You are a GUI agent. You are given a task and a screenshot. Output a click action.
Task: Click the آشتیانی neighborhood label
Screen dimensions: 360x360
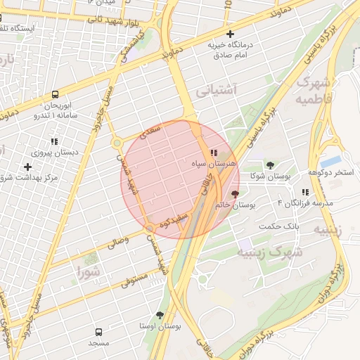click(216, 90)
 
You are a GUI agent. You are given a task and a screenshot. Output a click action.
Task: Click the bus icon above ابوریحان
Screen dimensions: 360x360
click(55, 94)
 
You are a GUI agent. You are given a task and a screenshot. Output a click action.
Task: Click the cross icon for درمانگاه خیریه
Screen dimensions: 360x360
click(230, 34)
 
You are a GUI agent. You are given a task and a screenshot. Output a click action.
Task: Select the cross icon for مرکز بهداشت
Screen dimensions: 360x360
click(27, 167)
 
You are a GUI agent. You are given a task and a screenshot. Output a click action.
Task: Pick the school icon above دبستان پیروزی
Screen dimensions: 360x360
click(54, 141)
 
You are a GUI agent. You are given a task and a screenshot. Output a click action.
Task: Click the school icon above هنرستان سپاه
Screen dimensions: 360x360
click(213, 153)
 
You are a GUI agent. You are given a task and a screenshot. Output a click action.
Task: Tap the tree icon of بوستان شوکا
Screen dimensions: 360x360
click(270, 165)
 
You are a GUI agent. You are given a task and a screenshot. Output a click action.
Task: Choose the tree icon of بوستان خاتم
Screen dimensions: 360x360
click(234, 193)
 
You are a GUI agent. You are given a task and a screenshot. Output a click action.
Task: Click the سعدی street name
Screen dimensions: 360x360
click(153, 131)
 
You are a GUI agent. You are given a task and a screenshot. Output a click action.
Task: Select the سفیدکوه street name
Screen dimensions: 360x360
click(172, 221)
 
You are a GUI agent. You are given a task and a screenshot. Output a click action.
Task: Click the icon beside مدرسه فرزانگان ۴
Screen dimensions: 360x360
click(305, 192)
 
